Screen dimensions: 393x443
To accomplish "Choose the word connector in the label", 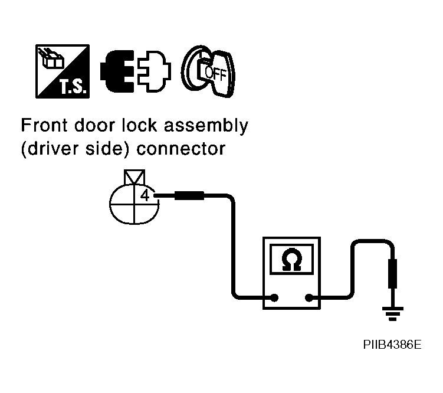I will (x=181, y=149).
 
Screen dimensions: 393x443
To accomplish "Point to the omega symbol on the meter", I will (x=290, y=260).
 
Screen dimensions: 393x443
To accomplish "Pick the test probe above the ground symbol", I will (x=392, y=277).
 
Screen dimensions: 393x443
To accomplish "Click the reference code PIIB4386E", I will (x=392, y=344).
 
